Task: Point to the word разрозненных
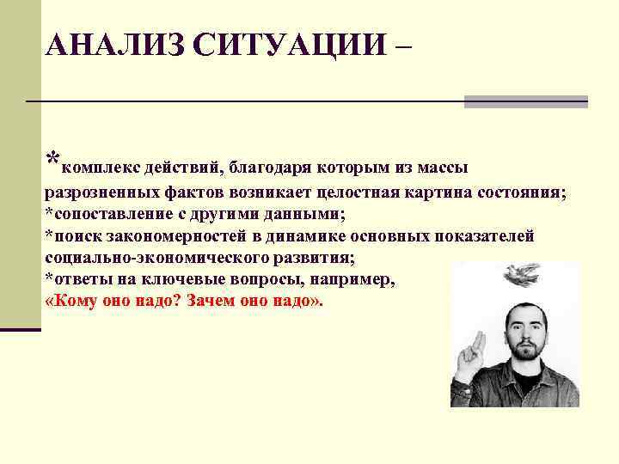[x=100, y=192]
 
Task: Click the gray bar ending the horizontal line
[x=525, y=101]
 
